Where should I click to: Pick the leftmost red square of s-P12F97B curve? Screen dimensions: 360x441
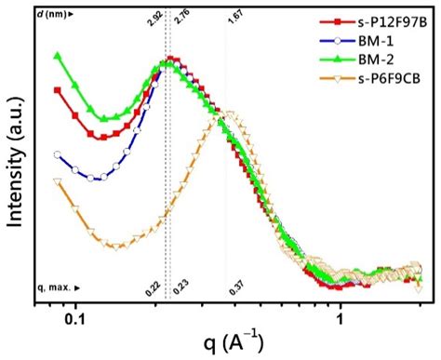(57, 90)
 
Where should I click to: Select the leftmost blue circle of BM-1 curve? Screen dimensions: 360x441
(57, 155)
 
